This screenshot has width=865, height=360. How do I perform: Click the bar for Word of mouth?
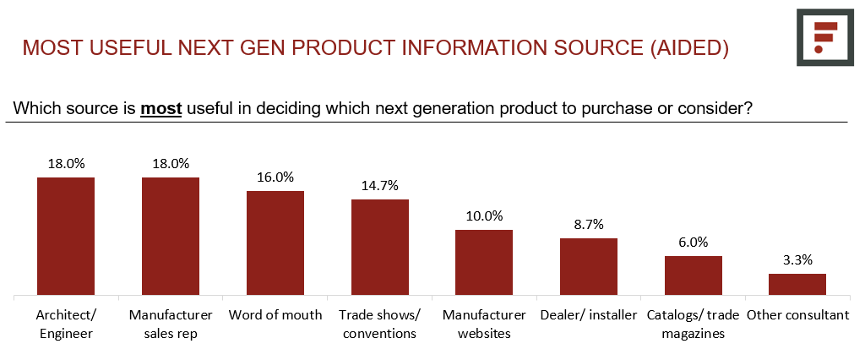pos(275,243)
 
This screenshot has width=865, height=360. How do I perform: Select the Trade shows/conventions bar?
pos(380,248)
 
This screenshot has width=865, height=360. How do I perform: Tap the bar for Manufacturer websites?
pos(484,263)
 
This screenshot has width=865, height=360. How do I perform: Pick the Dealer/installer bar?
pos(589,267)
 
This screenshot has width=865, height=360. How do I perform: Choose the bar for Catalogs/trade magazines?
pos(694,275)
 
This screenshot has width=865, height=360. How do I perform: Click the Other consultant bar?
pos(797,285)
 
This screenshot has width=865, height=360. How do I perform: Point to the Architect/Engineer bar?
pos(66,237)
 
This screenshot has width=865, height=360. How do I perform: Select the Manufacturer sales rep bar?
pos(171,237)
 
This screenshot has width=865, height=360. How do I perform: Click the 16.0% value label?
pos(275,177)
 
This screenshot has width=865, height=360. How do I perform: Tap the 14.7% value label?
pos(380,186)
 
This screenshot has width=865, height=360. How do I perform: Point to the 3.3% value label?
pos(797,259)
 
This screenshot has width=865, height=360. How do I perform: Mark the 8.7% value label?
pos(589,225)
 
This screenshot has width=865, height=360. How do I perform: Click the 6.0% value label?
pos(694,242)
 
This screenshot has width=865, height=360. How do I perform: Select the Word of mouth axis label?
pos(275,315)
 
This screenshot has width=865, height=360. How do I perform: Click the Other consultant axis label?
pos(797,315)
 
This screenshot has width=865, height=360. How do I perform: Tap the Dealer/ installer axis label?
pos(589,315)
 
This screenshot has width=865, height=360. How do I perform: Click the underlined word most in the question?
pos(161,109)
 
